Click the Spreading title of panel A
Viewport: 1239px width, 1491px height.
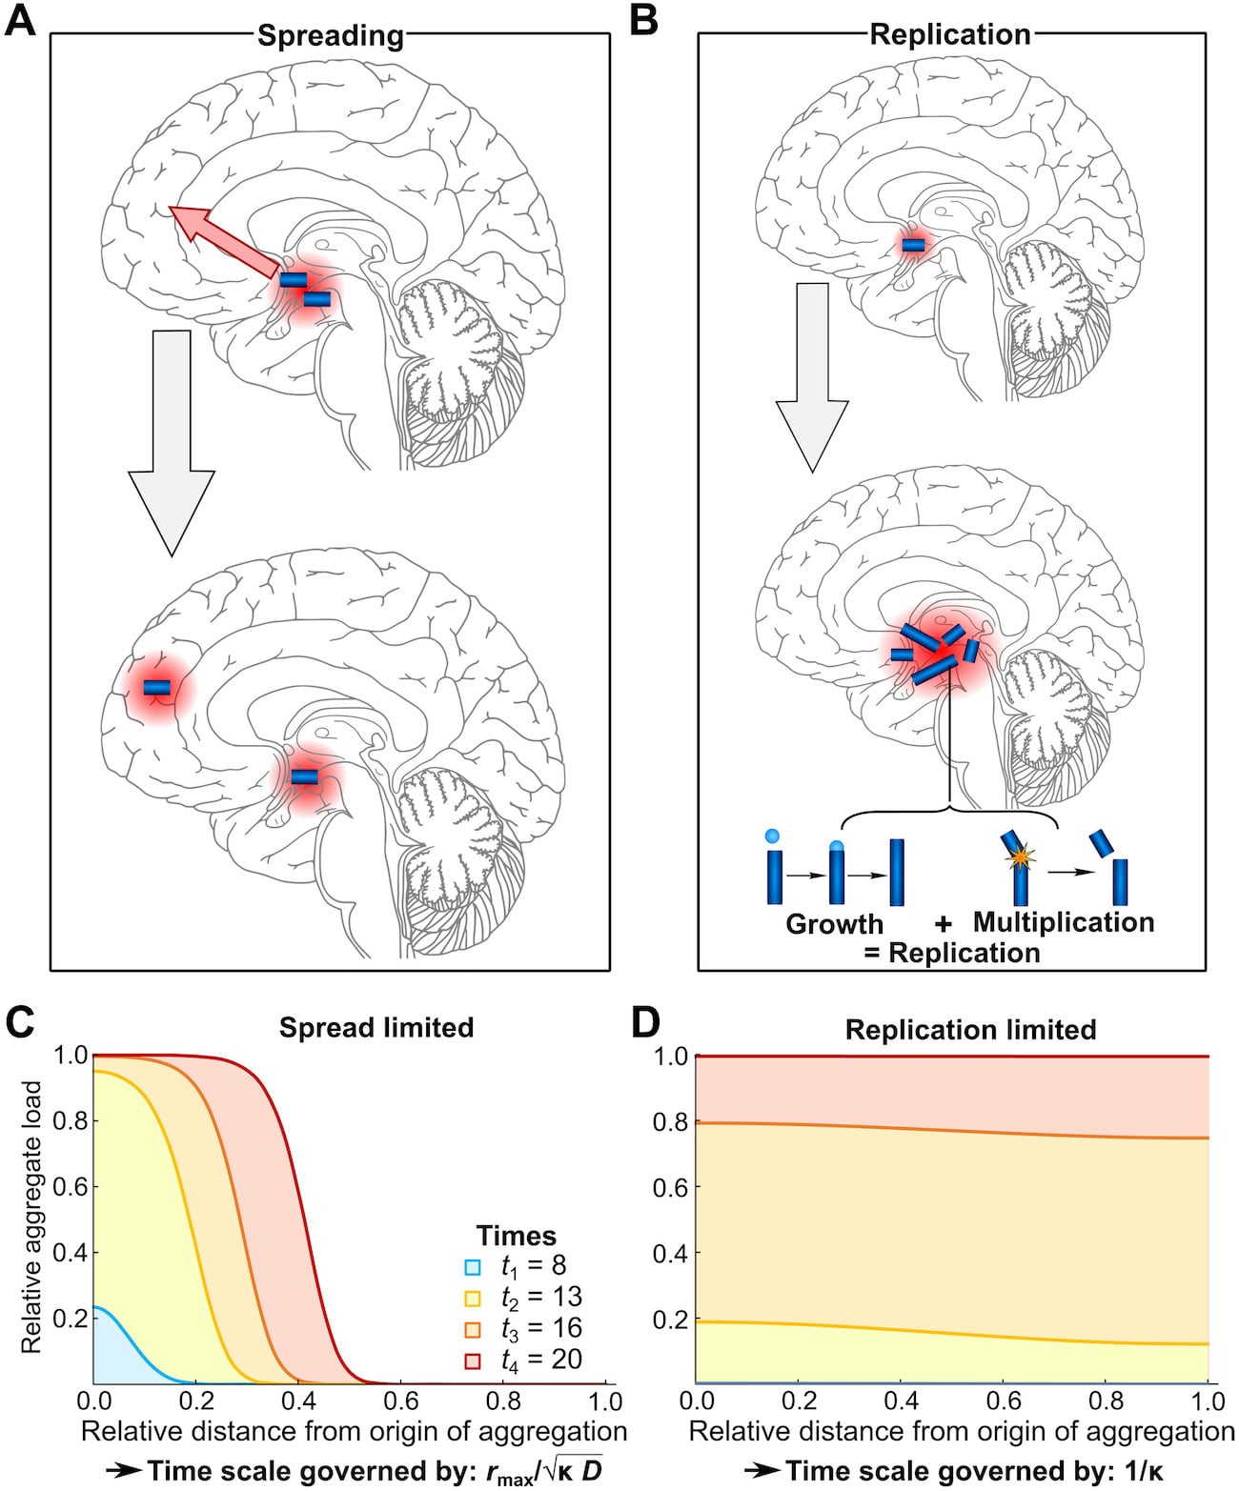pos(330,36)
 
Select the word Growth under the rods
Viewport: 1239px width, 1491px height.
pos(834,924)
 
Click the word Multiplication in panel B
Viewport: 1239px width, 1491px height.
pos(1063,922)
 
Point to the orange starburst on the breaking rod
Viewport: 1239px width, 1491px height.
pos(1020,858)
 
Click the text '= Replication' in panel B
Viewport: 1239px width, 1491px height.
pos(951,953)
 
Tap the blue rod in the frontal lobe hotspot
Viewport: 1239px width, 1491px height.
pos(157,687)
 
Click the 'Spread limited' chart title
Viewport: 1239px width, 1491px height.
pos(376,1027)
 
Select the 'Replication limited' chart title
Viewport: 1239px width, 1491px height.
pos(970,1029)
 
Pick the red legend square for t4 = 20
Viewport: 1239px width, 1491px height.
pos(472,1361)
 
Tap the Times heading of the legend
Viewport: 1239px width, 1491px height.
pos(516,1236)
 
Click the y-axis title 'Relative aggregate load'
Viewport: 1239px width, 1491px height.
pos(31,1216)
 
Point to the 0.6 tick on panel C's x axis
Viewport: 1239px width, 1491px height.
pos(400,1401)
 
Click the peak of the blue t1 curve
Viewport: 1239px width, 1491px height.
pos(94,1307)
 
